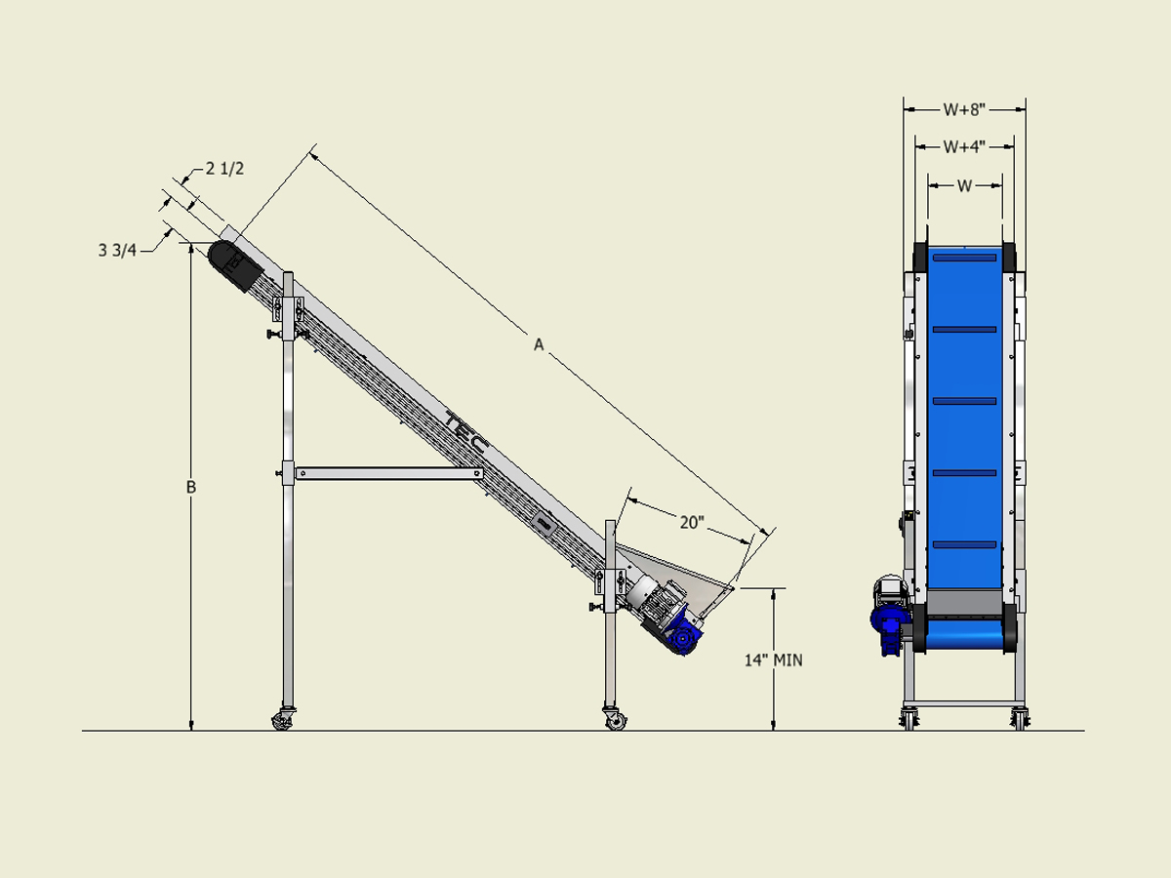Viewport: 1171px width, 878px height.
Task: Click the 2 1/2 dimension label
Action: click(x=224, y=169)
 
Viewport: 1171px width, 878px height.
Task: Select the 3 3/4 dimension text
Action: click(x=116, y=250)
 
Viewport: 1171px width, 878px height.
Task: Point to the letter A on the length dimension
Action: click(x=537, y=343)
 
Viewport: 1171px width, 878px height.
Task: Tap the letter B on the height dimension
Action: click(x=192, y=486)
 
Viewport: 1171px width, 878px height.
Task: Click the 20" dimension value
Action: click(x=692, y=522)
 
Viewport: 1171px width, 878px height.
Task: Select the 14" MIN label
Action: click(x=773, y=660)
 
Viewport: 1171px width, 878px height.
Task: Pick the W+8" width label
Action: click(x=964, y=110)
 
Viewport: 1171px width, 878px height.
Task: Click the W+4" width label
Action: click(x=964, y=147)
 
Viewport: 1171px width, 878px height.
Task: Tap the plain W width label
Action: click(x=964, y=185)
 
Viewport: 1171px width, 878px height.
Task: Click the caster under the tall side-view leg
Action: click(x=284, y=722)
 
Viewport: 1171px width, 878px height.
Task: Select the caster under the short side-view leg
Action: click(x=616, y=722)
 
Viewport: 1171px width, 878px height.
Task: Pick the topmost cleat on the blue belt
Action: click(x=964, y=258)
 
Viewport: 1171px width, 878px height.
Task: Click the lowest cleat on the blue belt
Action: click(x=964, y=543)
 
